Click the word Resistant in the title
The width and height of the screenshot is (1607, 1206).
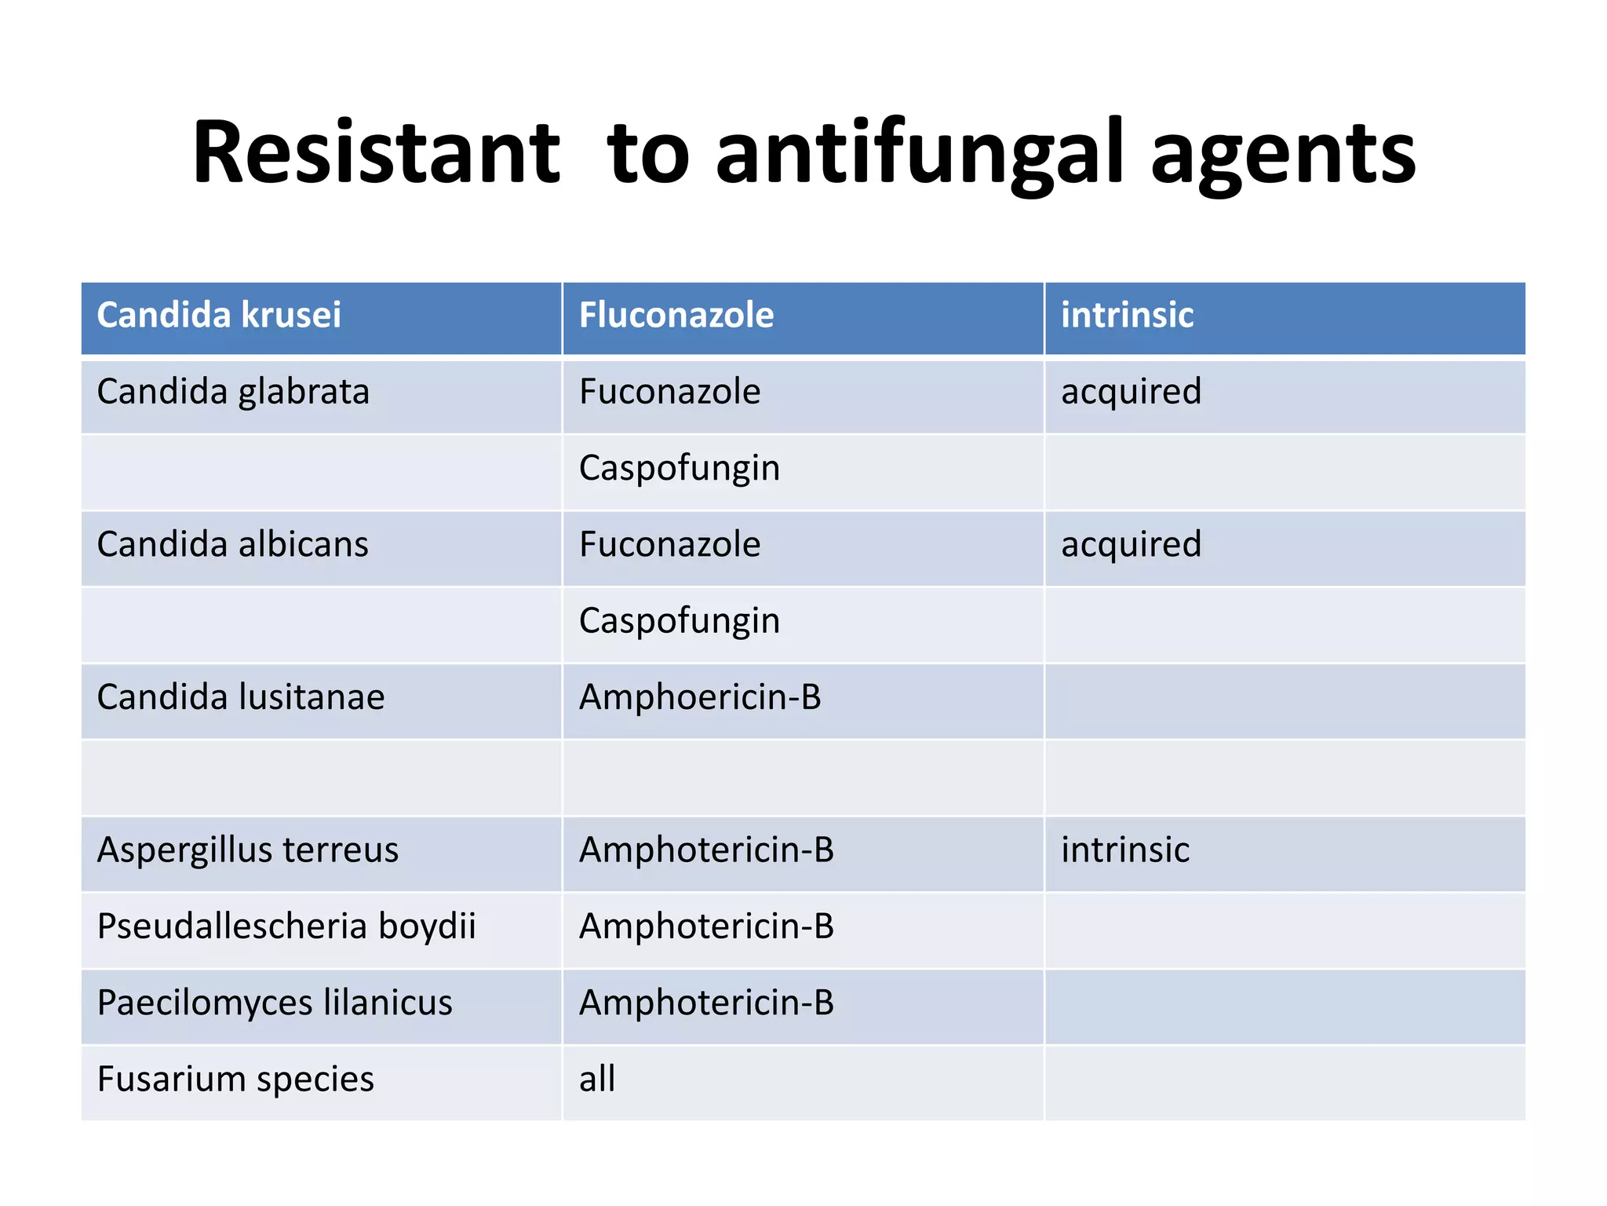[x=377, y=153]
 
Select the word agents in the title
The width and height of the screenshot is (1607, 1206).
[x=1283, y=153]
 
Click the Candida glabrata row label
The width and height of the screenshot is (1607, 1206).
[x=233, y=392]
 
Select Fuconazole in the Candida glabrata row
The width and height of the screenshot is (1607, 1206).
[x=669, y=392]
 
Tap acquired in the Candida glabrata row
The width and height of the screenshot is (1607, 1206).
[x=1131, y=392]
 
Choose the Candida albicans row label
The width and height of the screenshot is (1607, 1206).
[x=232, y=545]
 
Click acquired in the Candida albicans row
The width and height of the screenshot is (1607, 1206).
[x=1131, y=545]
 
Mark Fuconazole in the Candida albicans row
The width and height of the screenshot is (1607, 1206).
[x=669, y=545]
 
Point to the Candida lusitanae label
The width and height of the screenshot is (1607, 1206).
[x=241, y=697]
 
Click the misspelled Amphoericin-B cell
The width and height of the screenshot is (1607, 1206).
[x=700, y=697]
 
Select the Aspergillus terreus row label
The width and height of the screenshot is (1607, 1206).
[x=248, y=850]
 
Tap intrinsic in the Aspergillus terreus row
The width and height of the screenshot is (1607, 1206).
[x=1125, y=850]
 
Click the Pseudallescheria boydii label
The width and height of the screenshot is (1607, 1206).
[x=286, y=926]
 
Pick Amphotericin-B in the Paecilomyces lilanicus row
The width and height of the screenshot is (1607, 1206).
[x=706, y=1003]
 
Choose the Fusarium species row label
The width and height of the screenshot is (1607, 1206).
[x=235, y=1080]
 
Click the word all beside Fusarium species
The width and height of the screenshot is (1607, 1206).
[x=597, y=1080]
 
